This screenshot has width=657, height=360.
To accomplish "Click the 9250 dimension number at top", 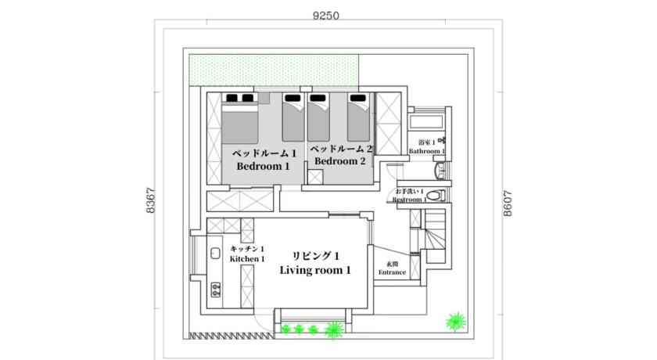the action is click(325, 16).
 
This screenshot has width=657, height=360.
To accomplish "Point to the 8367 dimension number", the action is click(150, 200).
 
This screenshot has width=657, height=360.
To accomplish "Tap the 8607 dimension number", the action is click(508, 203).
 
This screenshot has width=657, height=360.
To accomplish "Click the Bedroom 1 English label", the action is click(263, 167).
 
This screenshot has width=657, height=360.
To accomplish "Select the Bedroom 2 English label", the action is click(339, 161).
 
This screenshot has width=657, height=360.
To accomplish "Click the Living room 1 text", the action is click(315, 270).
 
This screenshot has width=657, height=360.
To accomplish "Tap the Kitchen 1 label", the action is click(247, 259).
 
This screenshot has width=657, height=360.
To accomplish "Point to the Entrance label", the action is click(392, 272).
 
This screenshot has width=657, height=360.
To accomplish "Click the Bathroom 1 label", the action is click(427, 151).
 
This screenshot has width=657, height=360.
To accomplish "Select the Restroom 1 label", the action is click(409, 200).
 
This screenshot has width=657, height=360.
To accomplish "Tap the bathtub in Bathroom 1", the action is click(426, 122).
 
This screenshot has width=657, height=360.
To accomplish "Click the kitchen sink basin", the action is click(215, 253).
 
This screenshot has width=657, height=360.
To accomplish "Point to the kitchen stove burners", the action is click(216, 289).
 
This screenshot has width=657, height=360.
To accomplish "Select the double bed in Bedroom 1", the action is click(239, 118).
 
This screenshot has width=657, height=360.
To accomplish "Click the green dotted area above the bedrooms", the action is click(274, 70).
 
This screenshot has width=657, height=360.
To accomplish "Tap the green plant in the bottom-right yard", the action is click(456, 322).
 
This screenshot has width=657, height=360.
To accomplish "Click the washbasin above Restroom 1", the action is click(440, 171).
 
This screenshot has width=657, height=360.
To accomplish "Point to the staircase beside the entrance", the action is click(436, 236).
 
